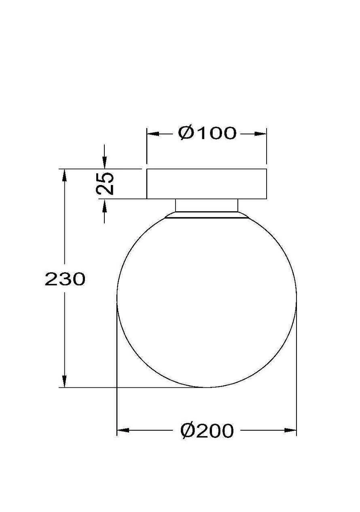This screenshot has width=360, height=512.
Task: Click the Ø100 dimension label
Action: tap(207, 133)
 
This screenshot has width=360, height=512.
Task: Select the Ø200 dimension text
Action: tap(207, 430)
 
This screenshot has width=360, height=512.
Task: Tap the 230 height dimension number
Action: tap(65, 279)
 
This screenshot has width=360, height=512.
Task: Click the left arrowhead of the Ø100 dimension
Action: tap(153, 134)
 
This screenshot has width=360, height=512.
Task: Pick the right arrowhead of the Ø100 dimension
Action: tap(260, 134)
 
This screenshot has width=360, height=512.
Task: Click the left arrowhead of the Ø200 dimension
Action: tap(123, 430)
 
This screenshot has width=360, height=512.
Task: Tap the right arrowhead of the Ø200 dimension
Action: tap(290, 430)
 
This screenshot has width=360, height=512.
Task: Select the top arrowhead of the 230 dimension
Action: tap(65, 175)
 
